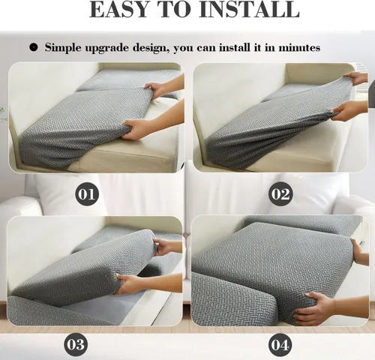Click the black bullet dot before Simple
(x=33, y=47)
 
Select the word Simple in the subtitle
(x=63, y=48)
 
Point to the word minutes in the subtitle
(x=299, y=47)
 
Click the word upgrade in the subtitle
(x=106, y=48)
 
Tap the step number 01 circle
(x=87, y=194)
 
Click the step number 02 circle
(x=280, y=194)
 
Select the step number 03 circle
(x=76, y=345)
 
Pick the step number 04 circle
(x=280, y=345)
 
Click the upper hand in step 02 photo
(x=355, y=78)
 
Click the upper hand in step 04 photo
(x=360, y=252)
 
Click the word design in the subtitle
(x=149, y=48)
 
